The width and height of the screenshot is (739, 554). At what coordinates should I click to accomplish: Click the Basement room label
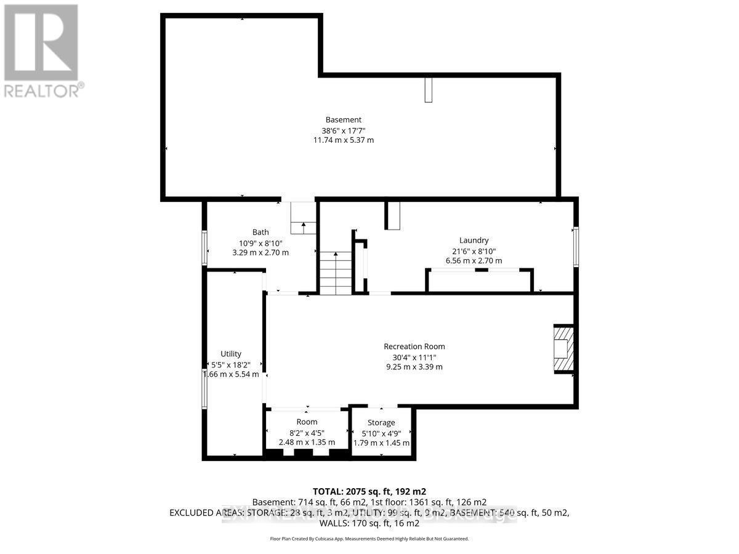344,119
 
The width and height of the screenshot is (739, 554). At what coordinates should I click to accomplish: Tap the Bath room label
260,232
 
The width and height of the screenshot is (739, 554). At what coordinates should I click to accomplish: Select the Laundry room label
474,240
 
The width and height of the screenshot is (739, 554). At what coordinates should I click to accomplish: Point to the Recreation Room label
414,347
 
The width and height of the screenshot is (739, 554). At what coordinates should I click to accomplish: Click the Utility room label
231,353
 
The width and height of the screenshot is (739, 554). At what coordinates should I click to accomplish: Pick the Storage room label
381,422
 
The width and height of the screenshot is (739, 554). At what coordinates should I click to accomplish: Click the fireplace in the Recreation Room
563,349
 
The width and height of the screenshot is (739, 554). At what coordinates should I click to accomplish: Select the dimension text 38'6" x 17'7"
344,130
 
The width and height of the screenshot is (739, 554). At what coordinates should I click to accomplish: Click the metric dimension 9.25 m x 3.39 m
414,367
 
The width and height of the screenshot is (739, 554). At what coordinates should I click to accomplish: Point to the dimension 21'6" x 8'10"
474,251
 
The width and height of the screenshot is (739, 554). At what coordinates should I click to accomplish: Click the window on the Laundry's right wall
576,247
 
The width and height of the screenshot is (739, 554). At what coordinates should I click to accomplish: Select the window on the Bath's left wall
205,247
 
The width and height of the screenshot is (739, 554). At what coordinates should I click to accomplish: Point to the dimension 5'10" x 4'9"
381,433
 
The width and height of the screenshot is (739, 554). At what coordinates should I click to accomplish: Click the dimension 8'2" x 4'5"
307,432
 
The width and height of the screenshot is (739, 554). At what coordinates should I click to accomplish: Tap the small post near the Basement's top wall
428,90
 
